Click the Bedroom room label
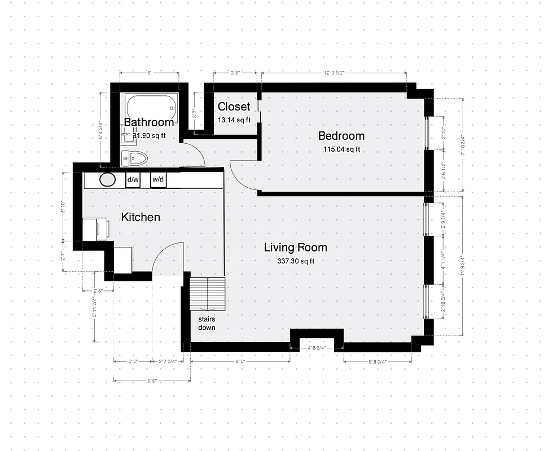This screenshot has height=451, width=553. (341, 136)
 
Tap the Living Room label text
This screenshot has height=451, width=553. (296, 247)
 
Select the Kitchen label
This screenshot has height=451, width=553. (141, 217)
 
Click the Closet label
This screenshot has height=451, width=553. (234, 107)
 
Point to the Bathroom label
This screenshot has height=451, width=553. (149, 122)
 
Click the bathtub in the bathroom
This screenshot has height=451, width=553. (151, 105)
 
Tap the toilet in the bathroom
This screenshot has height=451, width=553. (134, 158)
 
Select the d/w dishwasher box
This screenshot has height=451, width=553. (133, 180)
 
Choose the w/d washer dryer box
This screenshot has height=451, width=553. (158, 180)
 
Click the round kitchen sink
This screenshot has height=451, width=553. (108, 180)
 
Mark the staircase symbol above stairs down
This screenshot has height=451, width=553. (208, 293)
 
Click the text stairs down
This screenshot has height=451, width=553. (206, 323)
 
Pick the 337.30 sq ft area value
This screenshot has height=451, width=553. (296, 261)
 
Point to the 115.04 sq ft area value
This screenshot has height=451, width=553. (341, 149)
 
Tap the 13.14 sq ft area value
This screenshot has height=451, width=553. (234, 120)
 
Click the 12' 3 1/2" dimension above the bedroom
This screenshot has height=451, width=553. (334, 73)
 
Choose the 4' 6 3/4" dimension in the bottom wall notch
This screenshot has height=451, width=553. (317, 348)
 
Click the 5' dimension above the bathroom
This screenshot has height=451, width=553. (149, 73)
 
